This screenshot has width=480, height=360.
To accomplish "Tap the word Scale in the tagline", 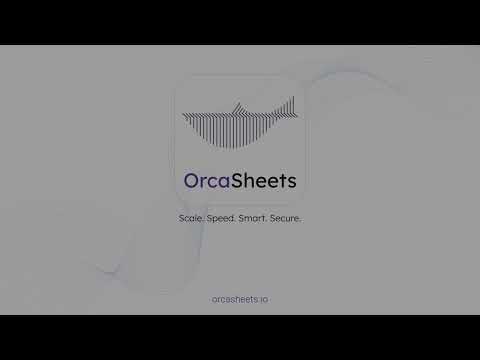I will [191, 217].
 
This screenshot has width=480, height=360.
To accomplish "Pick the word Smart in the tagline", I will [256, 217].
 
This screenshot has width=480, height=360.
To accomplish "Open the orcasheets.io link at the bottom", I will [240, 298].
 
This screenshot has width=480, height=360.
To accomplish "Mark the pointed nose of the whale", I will [184, 114].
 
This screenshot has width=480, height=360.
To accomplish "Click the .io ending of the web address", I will [263, 298].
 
